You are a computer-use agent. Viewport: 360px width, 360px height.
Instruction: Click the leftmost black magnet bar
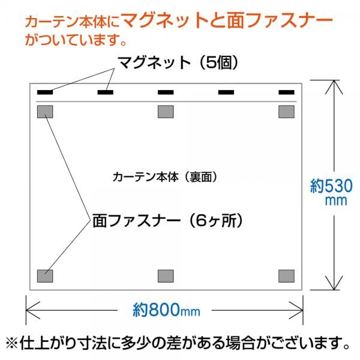pos(45,92)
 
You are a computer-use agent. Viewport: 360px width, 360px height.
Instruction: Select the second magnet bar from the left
pos(106,92)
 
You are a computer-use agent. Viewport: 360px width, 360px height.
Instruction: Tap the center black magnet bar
pos(166,92)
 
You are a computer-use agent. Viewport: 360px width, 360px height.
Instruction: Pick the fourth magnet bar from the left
pos(226,92)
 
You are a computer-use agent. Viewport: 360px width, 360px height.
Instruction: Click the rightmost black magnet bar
pos(287,92)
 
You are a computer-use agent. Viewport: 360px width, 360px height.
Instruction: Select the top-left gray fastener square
pos(45,112)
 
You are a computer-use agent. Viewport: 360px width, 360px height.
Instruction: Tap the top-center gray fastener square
pos(166,112)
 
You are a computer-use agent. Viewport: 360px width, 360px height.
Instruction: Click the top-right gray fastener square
pos(287,112)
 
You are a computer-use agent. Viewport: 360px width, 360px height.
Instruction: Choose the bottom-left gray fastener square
pos(45,276)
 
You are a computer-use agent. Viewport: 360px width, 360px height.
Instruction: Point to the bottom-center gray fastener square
pos(166,276)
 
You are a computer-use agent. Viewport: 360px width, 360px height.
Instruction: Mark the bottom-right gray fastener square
pos(287,276)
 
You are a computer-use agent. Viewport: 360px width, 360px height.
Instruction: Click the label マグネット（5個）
pos(178,62)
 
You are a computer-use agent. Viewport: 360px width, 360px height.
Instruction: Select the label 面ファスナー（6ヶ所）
pos(167,221)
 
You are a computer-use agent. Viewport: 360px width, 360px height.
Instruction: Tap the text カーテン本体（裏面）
pos(165,177)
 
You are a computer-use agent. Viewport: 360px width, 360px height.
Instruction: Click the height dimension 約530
pos(331,186)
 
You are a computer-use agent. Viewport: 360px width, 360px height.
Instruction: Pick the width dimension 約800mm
pos(166,310)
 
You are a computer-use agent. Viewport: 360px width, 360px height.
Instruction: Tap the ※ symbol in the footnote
pos(11,344)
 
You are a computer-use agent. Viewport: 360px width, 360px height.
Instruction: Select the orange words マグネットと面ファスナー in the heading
pos(227,20)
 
